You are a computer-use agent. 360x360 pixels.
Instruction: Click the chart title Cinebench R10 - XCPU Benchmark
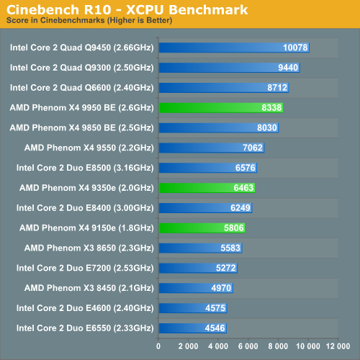pos(127,10)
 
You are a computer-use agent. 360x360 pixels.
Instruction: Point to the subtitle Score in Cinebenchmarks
pos(55,20)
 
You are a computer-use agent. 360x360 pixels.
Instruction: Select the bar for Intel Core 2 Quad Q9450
pos(234,48)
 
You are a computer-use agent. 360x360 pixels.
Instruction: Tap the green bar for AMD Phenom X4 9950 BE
pos(221,108)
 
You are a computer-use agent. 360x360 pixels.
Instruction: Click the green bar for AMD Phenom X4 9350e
pos(207,188)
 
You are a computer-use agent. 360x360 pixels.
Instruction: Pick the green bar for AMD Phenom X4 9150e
pos(202,228)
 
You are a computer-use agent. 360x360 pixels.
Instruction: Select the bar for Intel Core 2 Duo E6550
pos(193,328)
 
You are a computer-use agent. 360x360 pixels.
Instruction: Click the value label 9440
pos(288,68)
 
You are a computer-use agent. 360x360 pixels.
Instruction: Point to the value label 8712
pos(277,88)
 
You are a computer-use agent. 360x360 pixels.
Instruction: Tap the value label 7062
pos(253,148)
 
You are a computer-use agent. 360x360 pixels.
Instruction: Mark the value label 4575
pos(215,308)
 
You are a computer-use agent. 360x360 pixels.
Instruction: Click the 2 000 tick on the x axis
pos(188,346)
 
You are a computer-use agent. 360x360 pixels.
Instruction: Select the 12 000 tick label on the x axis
pos(338,346)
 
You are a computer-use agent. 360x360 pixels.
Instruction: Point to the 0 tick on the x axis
pos(158,346)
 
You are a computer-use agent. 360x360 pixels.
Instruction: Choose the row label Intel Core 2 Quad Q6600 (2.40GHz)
pos(82,88)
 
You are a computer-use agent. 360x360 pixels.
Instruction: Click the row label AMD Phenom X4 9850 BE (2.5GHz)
pos(82,128)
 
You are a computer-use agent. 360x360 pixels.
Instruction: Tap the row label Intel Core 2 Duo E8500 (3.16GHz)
pos(85,168)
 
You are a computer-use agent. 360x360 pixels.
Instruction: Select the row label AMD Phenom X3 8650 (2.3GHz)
pos(89,248)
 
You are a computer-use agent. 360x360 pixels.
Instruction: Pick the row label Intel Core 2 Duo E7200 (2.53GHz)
pos(85,268)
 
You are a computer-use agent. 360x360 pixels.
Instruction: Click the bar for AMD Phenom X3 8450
pos(196,288)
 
